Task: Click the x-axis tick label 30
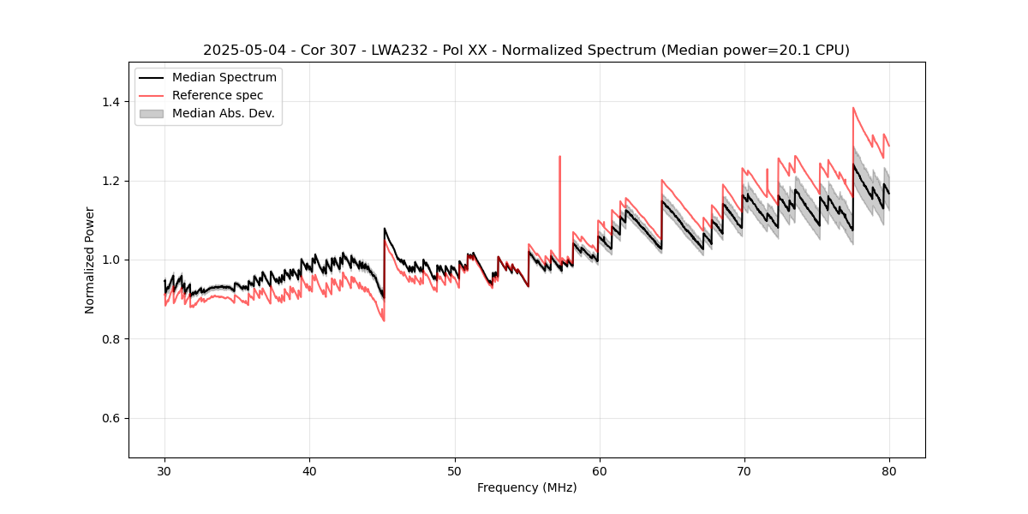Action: (165, 470)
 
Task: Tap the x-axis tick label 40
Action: (310, 470)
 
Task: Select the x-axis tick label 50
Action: (455, 470)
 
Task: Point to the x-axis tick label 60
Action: (600, 470)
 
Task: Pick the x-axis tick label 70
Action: (744, 470)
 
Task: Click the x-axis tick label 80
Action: (889, 470)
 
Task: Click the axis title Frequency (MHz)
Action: (527, 487)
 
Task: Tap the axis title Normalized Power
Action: (90, 260)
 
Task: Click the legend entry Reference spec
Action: (218, 95)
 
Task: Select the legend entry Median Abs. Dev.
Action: (223, 113)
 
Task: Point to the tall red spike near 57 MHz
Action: (559, 158)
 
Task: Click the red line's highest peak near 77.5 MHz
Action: (853, 109)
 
